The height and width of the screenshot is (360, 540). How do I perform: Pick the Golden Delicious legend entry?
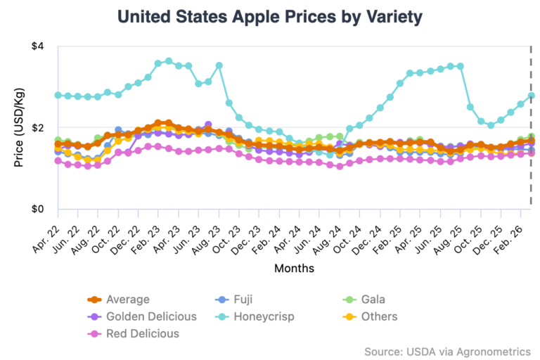[x=151, y=316]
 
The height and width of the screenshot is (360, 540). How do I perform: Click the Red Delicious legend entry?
[x=143, y=333]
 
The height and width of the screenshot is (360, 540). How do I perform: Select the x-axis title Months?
[x=294, y=268]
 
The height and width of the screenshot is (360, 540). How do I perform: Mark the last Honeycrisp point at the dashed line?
[x=531, y=96]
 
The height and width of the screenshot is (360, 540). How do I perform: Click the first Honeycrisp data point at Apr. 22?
[x=58, y=95]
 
